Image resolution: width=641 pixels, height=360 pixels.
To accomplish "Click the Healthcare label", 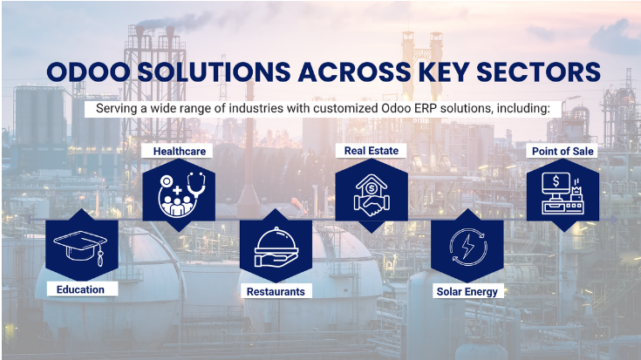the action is coord(180,151).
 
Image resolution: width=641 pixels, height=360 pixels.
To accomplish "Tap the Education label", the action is coord(80,289).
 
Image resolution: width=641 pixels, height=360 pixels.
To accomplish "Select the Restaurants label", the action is coord(276,292).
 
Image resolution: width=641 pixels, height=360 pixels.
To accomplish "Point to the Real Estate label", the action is coord(372,151).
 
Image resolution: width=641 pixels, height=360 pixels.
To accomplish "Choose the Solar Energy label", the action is coord(467,292).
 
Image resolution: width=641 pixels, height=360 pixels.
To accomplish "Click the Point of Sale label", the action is coord(563,151).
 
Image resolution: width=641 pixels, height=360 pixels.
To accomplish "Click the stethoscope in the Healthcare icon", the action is coord(196,184).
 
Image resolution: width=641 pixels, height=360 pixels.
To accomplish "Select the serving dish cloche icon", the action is coord(276,248).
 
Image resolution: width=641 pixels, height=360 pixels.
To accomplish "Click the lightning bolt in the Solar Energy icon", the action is coord(467,248).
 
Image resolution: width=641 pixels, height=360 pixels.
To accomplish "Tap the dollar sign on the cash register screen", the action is coord(556,181).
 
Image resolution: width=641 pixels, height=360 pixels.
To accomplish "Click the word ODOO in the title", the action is coord(88,72).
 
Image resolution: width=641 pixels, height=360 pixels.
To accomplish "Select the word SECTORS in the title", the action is coord(538,72).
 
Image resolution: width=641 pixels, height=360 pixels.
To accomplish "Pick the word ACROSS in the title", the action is coord(354,72).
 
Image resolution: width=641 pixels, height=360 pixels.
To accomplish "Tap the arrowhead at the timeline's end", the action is coord(615,220).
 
